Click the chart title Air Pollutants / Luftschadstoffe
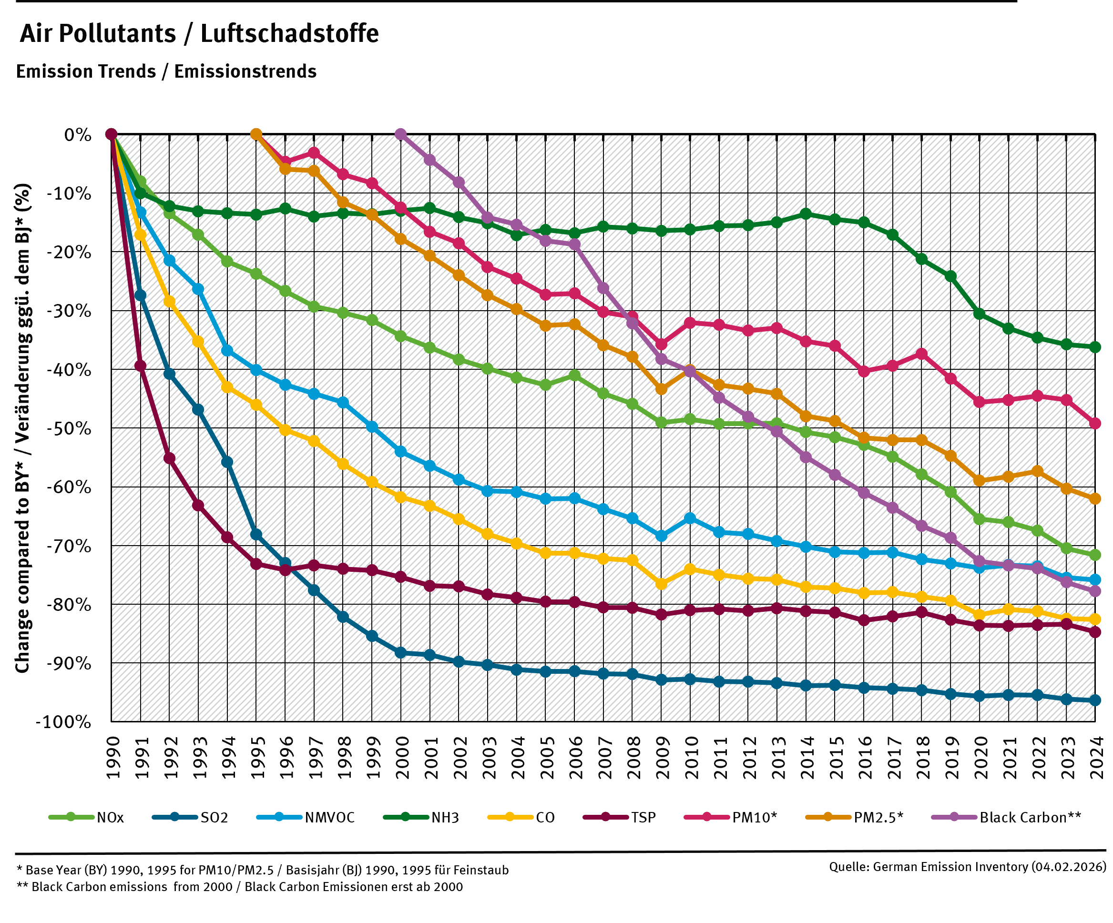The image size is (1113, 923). point(199,34)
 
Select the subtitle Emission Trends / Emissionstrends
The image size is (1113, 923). point(166,71)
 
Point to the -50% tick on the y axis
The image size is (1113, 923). point(69,428)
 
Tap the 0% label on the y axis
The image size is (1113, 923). point(77,134)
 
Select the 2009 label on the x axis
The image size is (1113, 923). point(662,758)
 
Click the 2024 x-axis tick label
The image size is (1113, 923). point(1095,758)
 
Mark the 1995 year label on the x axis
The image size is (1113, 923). point(256,758)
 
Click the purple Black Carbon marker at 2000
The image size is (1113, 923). point(401,133)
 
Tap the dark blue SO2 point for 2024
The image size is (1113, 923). point(1095,700)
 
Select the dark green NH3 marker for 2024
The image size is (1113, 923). point(1095,347)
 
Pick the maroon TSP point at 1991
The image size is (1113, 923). point(141,365)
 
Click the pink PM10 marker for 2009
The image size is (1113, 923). point(662,345)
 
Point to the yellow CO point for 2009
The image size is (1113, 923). point(662,584)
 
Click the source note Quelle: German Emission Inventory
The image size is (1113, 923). point(967,867)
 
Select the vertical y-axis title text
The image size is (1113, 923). point(22,428)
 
